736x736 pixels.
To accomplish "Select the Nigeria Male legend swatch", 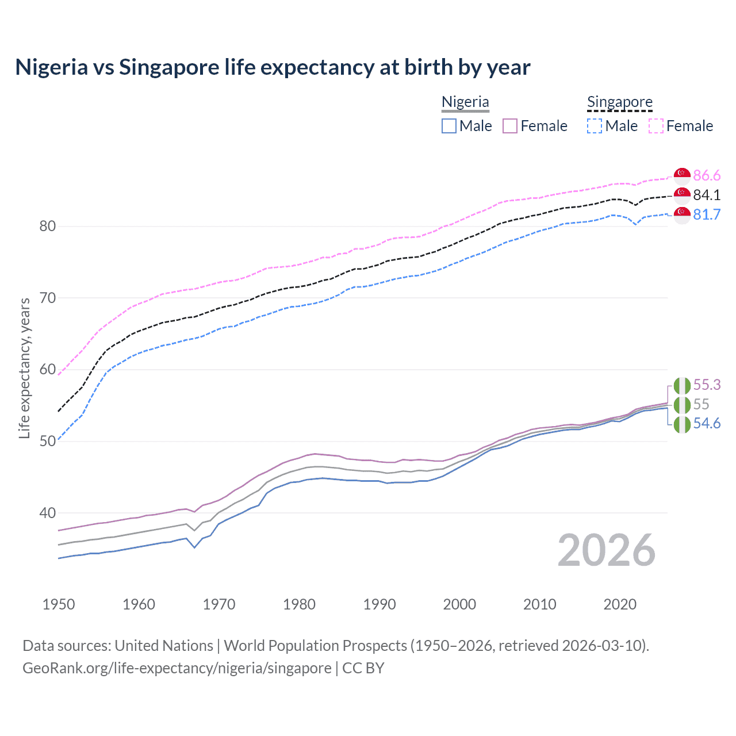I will tap(449, 126).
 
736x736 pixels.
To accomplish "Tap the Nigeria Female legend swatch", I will tap(510, 126).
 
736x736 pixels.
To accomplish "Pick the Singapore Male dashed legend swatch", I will tap(595, 126).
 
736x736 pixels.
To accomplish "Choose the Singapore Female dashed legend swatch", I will tap(656, 126).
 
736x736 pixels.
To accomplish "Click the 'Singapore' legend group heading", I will tap(619, 102).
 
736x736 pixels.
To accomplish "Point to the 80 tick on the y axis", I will tap(47, 226).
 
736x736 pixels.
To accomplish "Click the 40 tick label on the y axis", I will tap(47, 513).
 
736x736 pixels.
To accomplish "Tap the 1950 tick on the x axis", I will tap(59, 604).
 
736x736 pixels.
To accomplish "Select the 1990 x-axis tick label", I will tap(379, 604).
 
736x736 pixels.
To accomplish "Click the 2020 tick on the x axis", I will tap(620, 604).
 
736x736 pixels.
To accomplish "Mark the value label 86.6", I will tap(707, 175).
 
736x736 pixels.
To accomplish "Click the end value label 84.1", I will tap(707, 195).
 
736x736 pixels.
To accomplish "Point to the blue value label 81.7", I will tap(707, 214).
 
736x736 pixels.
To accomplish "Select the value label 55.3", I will tap(707, 385).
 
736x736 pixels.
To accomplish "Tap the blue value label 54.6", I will tap(707, 424).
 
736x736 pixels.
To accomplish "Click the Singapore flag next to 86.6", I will tap(682, 175).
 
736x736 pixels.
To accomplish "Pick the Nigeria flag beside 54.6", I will tap(682, 425).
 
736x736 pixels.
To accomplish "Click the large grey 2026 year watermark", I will tap(607, 550).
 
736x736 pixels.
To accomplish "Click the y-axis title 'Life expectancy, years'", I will tap(25, 368).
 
